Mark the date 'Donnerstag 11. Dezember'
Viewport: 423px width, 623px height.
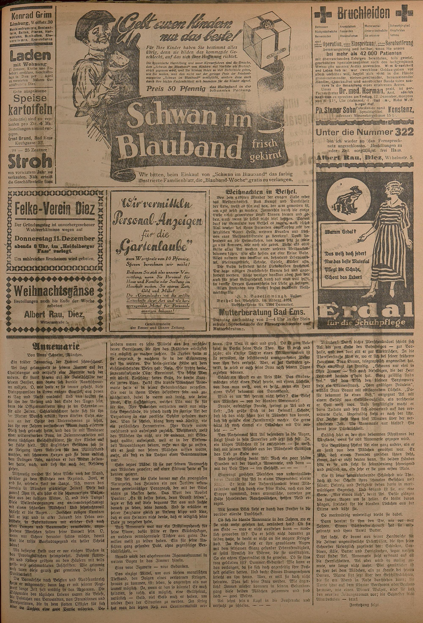coord(55,239)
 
